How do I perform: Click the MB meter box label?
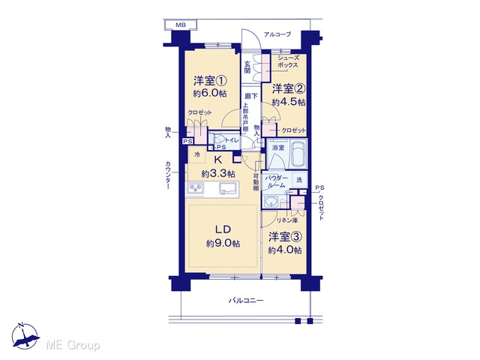pos(181,25)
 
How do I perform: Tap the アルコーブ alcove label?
pos(277,34)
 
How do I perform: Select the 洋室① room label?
pos(210,81)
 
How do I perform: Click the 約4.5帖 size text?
pos(289,102)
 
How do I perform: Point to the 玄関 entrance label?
pos(247,67)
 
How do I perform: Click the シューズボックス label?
pos(288,61)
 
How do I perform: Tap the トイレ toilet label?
pos(232,140)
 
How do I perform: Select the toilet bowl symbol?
pos(218,139)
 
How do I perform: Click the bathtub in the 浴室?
pos(298,153)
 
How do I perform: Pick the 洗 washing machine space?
pos(299,180)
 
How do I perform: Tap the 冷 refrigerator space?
pos(197,154)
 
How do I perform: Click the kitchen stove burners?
pos(196,188)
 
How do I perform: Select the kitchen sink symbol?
pos(229,188)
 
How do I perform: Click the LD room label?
pos(223,229)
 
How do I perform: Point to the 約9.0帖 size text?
pos(223,244)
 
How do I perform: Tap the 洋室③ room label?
pos(285,237)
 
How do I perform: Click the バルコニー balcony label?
pos(246,300)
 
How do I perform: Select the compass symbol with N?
pos(25,336)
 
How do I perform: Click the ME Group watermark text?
pos(73,345)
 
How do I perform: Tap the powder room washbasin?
pos(270,202)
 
